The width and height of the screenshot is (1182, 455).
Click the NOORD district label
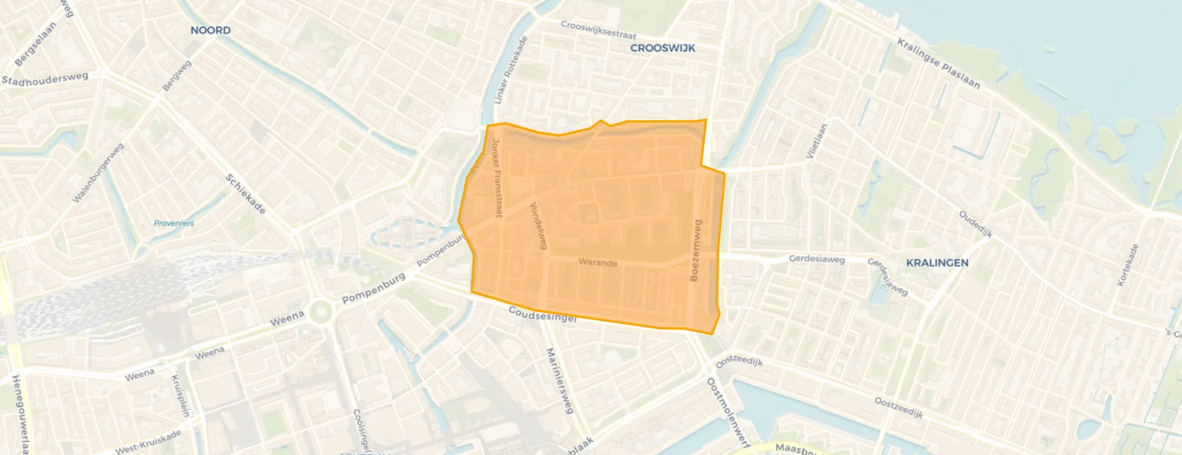pos(211,30)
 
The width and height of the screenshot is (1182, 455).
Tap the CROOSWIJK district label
pos(663,48)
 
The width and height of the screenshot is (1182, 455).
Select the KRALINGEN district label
pos(937,263)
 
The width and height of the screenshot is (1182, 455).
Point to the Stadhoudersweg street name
pos(45,79)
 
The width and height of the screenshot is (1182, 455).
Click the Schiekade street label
pos(246,194)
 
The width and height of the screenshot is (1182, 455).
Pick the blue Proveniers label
pos(173,223)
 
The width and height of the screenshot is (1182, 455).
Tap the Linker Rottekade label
pos(511,70)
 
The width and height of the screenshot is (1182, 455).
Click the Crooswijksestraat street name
pos(598,30)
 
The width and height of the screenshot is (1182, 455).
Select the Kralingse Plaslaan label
pos(938,63)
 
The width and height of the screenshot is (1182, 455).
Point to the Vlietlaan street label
pos(816,141)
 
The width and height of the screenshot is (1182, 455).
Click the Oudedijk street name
pos(975,224)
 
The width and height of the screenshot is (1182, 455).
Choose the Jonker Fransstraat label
pos(497,178)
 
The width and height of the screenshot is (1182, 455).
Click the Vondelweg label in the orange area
pos(539,226)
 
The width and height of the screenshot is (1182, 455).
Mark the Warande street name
pos(598,262)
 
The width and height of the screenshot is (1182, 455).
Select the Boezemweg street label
pos(696,251)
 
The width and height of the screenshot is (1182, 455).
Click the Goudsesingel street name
pos(543,314)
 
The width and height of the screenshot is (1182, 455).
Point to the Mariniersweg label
pos(559,380)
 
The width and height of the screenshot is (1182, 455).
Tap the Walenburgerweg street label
pos(98,173)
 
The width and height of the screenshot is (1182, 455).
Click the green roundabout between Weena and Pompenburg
pos(321,312)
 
